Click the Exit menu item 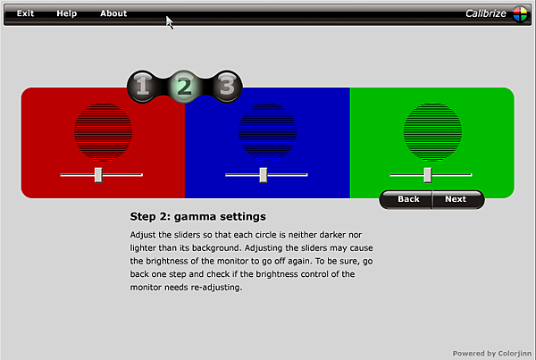click(25, 13)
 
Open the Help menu click(67, 13)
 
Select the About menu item click(113, 13)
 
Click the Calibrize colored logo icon click(520, 14)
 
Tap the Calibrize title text click(486, 13)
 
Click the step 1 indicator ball click(143, 86)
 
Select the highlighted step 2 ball click(184, 86)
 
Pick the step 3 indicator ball click(227, 86)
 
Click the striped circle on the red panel click(104, 131)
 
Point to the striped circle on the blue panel click(268, 131)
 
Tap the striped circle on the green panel click(432, 131)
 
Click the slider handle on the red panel click(98, 175)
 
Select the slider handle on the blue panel click(264, 175)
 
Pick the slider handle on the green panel click(428, 175)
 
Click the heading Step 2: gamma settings click(198, 216)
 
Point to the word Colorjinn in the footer click(515, 354)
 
